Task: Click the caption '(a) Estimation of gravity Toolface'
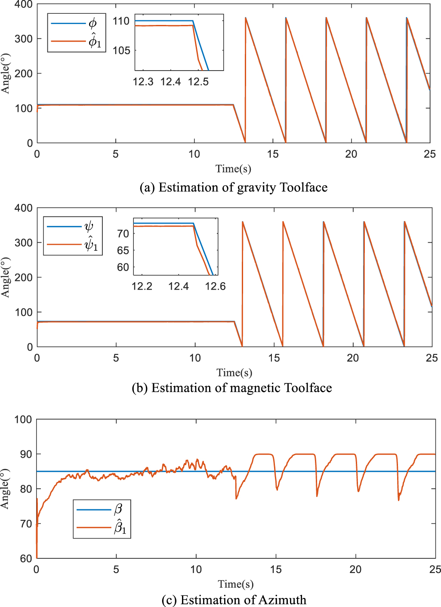click(x=234, y=188)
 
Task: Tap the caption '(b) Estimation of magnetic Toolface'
click(x=232, y=388)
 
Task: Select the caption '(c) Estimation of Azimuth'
click(x=234, y=600)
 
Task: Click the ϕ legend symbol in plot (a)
click(x=93, y=23)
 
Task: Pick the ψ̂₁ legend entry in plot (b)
click(x=91, y=244)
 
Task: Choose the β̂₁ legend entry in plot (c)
click(x=120, y=527)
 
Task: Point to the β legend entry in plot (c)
click(x=118, y=510)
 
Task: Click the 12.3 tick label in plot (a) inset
click(x=143, y=82)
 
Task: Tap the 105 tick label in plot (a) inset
click(x=121, y=50)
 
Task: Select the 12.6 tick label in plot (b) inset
click(x=215, y=287)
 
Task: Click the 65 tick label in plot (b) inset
click(x=123, y=250)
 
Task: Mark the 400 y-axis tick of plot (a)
click(x=23, y=5)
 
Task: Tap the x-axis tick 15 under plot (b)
click(x=274, y=358)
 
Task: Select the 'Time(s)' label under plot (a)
click(x=233, y=169)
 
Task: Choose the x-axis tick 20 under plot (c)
click(x=355, y=570)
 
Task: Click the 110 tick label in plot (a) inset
click(x=121, y=21)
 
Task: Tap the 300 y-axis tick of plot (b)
click(x=23, y=243)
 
